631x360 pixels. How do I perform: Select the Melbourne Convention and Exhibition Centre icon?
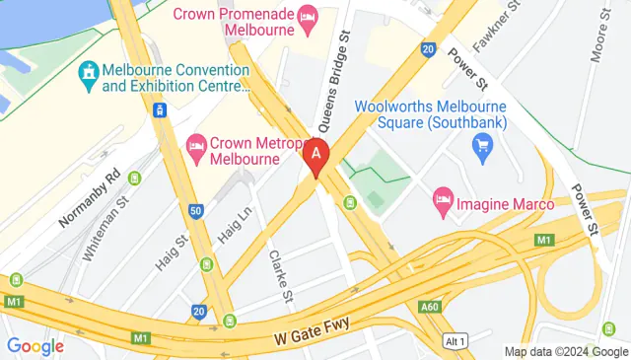point(89,71)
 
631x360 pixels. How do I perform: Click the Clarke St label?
point(280,275)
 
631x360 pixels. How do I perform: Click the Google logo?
point(35,346)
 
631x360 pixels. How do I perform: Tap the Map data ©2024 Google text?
point(566,351)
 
